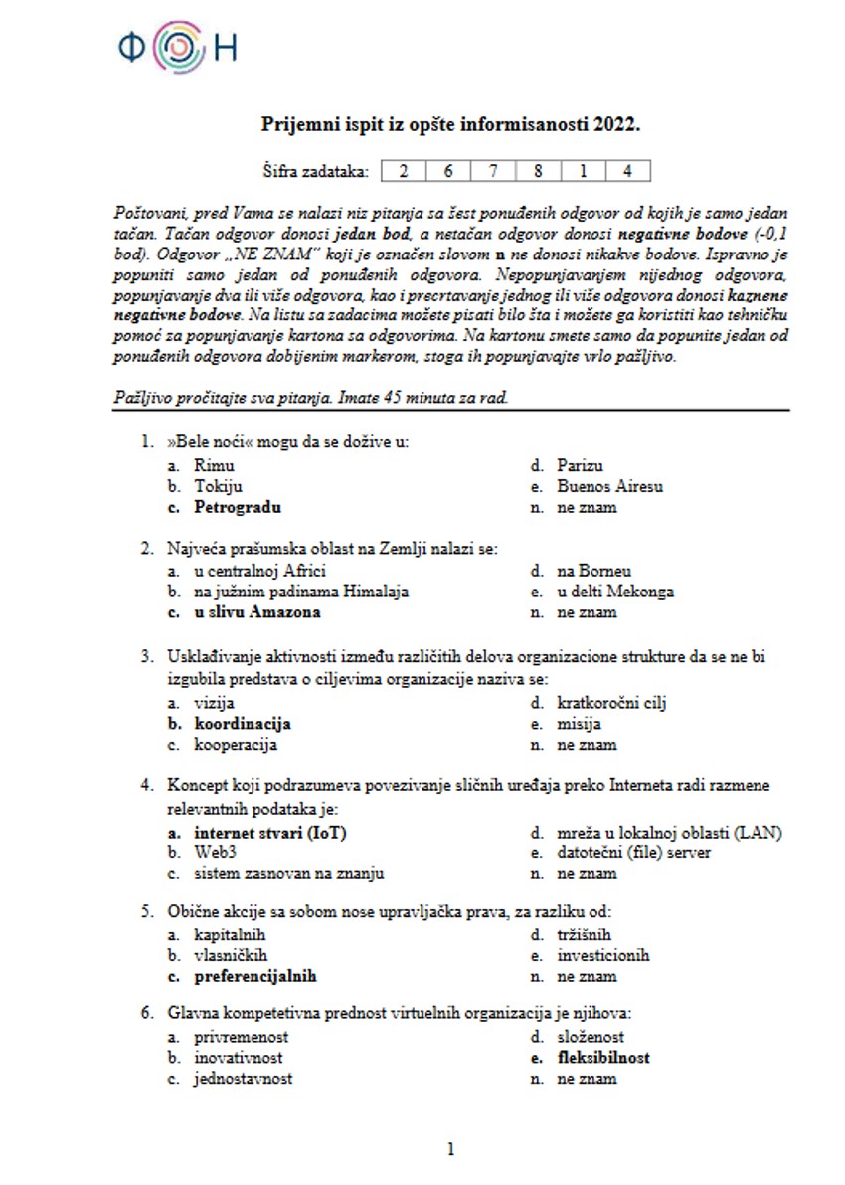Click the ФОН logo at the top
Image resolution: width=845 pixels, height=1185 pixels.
(177, 47)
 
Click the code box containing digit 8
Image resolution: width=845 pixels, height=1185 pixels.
(538, 171)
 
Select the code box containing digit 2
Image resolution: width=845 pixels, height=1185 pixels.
(404, 171)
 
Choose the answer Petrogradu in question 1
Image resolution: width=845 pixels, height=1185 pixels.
(238, 507)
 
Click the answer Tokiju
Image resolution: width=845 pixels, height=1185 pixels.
(218, 486)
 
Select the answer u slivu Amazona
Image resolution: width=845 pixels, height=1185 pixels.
(256, 612)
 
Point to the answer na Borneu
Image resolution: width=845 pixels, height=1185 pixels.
(593, 571)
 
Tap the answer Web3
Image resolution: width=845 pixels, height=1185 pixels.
(216, 853)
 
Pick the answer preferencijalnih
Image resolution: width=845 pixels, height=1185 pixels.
(254, 976)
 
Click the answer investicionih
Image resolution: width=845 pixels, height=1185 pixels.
(602, 955)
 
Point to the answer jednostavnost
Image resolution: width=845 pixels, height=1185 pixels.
(243, 1079)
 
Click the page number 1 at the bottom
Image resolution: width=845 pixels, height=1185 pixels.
(450, 1150)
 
